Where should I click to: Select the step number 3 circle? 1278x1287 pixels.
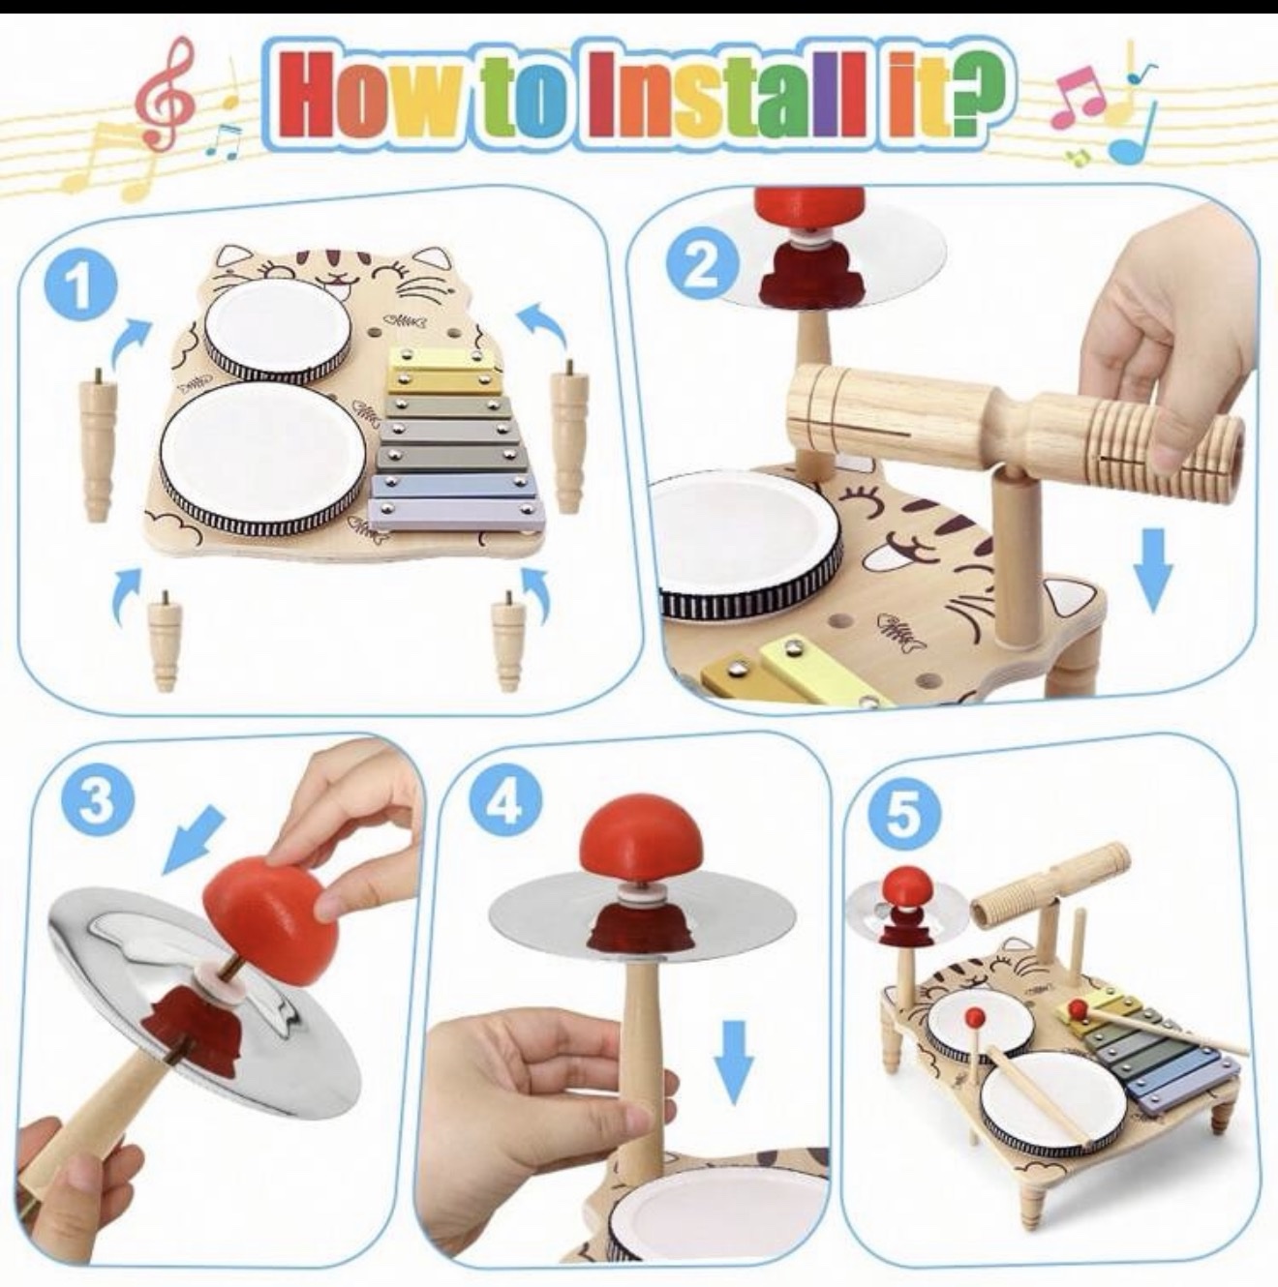tap(97, 800)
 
